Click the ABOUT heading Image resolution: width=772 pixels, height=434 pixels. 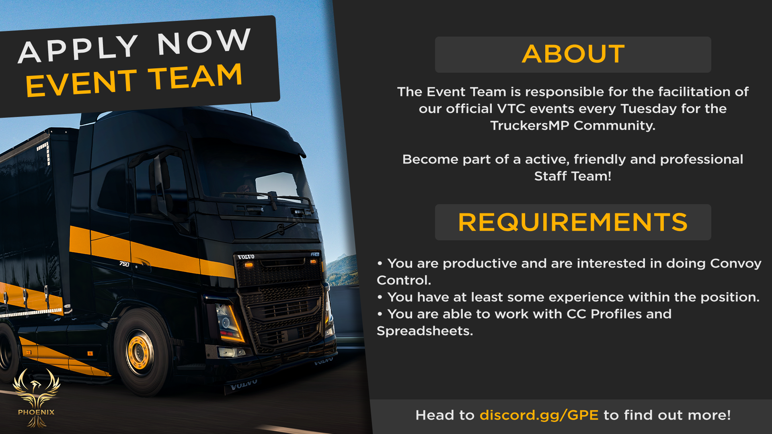573,54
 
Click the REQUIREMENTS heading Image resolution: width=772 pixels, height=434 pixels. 573,222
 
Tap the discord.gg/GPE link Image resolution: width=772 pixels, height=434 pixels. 539,415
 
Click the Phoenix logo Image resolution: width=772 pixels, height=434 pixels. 36,398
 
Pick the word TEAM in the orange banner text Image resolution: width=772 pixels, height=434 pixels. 195,76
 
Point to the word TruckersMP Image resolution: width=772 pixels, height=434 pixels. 530,125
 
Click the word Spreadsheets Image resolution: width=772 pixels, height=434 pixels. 425,331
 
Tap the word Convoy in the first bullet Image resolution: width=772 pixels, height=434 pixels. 736,264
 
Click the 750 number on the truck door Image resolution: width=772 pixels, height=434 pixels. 124,264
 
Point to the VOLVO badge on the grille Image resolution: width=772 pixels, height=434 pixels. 246,257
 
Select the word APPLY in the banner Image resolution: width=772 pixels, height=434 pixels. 78,49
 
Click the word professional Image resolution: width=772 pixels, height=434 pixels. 702,160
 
